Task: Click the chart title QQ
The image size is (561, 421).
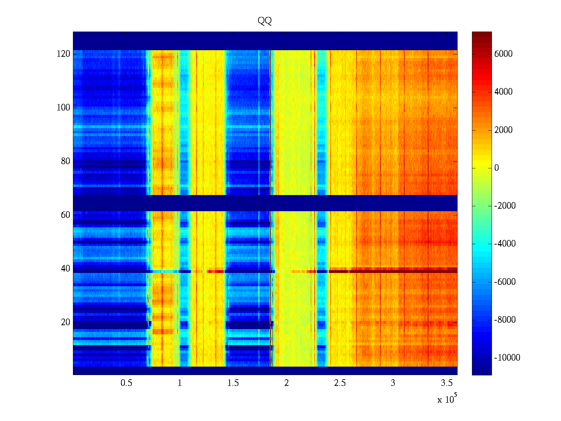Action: click(x=264, y=21)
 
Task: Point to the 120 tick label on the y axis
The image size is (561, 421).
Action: click(x=63, y=54)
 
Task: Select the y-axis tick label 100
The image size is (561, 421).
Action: click(x=63, y=108)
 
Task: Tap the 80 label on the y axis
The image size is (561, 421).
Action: click(x=65, y=161)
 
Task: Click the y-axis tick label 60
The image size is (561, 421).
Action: click(x=65, y=215)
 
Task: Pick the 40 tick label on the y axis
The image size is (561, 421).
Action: click(x=65, y=269)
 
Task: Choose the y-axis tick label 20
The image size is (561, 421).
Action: click(x=65, y=322)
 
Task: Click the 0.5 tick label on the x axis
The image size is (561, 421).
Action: click(x=126, y=383)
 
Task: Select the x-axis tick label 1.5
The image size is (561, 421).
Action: click(x=233, y=383)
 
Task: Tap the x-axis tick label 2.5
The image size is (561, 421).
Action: click(x=339, y=383)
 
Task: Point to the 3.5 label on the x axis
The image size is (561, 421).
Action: click(x=446, y=383)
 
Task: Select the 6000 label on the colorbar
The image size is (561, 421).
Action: click(x=503, y=54)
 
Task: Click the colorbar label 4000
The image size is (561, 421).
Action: click(x=503, y=92)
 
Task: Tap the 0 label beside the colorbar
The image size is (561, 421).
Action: click(x=496, y=168)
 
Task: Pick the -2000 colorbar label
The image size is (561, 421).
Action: click(x=505, y=206)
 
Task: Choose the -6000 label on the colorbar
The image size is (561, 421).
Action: click(x=505, y=282)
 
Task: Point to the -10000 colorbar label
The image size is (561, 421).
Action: click(x=507, y=358)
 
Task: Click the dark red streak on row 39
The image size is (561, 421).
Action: click(x=393, y=271)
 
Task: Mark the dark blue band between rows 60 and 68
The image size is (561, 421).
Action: click(x=265, y=203)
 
